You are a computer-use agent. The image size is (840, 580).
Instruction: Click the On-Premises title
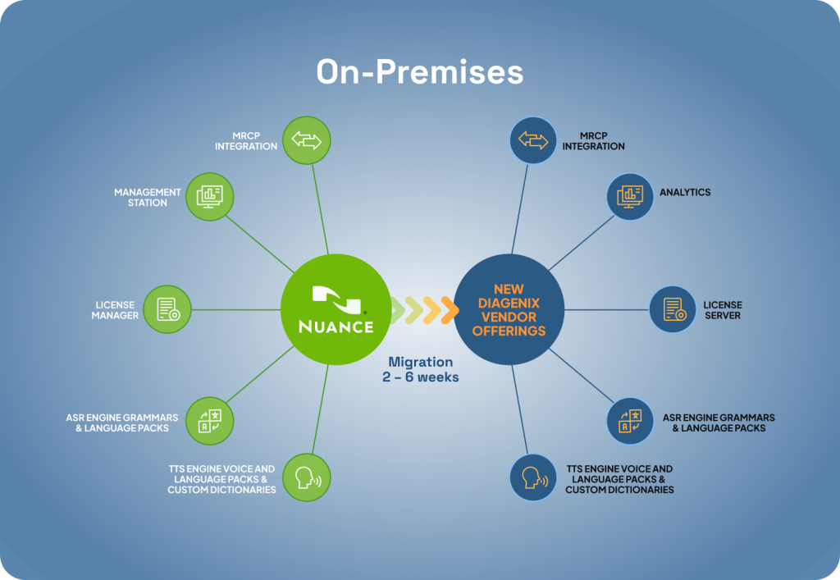419,71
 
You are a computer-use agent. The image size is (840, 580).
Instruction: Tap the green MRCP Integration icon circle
307,140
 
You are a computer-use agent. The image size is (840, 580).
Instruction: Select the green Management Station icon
209,197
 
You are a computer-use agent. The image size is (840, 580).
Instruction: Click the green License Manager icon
167,309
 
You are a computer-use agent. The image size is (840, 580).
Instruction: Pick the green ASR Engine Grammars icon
209,421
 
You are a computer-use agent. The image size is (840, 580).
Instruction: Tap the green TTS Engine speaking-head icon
307,477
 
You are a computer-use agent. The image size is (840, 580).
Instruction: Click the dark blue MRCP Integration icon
533,140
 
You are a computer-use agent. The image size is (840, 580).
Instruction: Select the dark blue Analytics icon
630,197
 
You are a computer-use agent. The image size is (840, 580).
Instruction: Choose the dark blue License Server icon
673,309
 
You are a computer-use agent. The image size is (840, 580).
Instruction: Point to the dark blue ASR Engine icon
630,421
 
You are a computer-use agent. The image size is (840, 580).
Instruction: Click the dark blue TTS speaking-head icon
533,477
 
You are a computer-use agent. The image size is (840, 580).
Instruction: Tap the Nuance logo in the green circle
336,309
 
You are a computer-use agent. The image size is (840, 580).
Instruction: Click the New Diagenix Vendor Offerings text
509,309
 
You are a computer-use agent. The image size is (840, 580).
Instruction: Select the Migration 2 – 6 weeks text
421,369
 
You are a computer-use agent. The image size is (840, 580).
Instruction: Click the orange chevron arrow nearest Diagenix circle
450,309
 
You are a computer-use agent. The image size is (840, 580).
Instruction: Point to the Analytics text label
685,192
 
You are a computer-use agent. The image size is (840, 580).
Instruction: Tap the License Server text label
723,310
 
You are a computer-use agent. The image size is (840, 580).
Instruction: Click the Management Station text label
148,197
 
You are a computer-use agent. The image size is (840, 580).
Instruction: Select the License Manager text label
115,310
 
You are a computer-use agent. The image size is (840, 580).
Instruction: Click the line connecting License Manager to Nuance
235,309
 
